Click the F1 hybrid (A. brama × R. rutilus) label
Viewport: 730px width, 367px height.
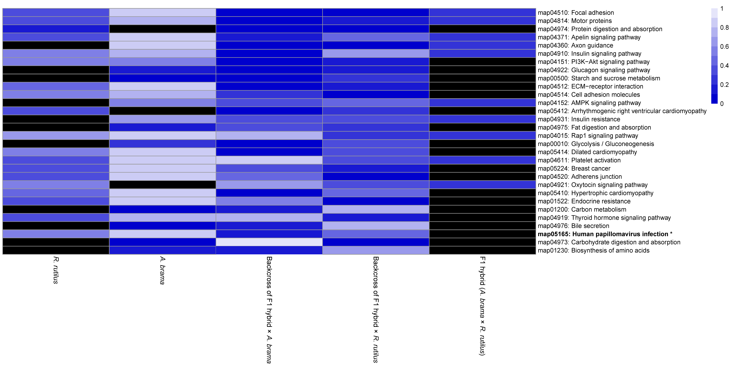[482, 306]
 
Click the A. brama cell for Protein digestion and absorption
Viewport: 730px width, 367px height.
[162, 29]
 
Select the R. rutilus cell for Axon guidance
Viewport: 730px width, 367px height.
[56, 45]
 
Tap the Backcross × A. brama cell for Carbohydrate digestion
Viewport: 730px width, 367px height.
[269, 242]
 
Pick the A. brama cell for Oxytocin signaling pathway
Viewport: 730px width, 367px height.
[162, 185]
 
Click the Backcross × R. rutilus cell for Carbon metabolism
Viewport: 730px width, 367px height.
[376, 209]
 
